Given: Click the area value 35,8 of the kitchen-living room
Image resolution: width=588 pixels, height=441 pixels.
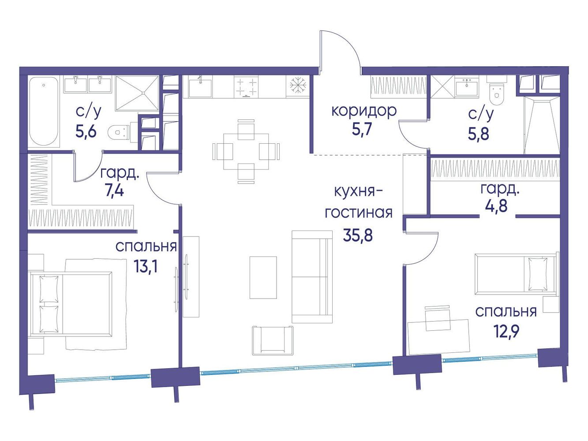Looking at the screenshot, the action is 358,235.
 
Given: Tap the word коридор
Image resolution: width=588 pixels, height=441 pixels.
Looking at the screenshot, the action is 364,111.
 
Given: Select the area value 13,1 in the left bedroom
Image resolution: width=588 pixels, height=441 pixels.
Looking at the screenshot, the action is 146,266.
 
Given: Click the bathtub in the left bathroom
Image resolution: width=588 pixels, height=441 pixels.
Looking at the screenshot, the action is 43,111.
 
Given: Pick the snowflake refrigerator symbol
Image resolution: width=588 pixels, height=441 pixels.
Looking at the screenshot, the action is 297,86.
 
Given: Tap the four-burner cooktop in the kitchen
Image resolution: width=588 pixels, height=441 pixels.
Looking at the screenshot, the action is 246,86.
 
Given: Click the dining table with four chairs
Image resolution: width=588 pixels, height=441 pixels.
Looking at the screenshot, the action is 246,151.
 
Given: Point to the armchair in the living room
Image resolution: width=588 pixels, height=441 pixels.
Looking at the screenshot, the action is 273,340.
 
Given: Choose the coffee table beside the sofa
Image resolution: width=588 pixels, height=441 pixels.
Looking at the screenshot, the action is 263,277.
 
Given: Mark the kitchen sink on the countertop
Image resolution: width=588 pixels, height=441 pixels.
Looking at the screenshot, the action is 200,87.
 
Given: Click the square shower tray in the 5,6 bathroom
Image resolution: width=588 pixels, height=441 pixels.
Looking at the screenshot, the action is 137,93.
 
